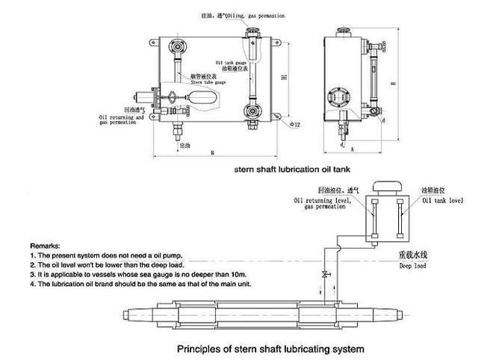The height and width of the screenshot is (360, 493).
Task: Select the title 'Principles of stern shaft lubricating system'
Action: click(x=270, y=349)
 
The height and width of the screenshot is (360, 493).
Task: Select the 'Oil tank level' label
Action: click(x=443, y=201)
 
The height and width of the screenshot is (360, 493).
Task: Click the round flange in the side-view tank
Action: click(x=336, y=96)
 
